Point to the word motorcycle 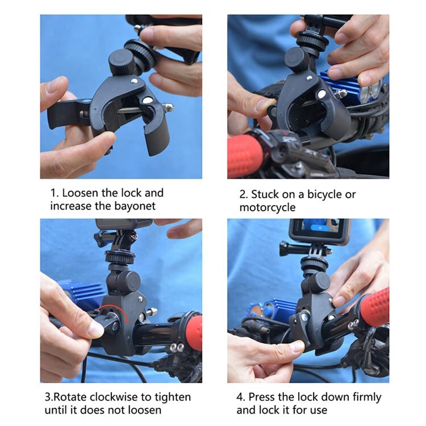click(267, 207)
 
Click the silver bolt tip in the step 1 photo click(168, 107)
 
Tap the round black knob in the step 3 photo click(128, 281)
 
